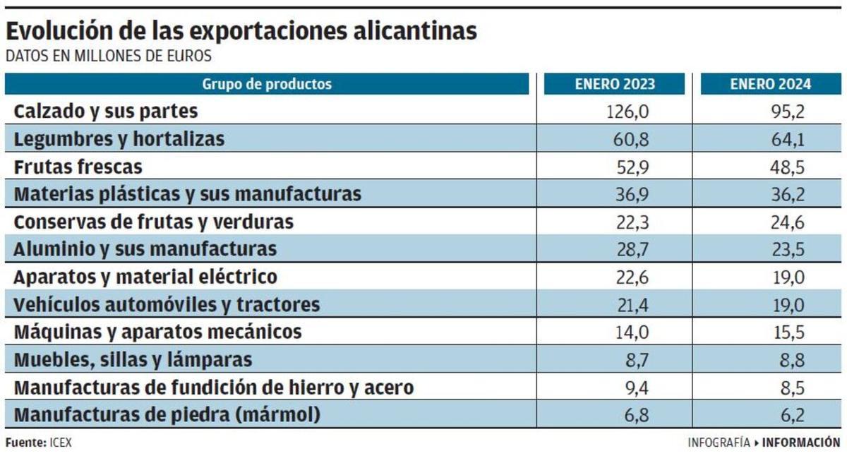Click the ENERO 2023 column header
pyautogui.click(x=614, y=85)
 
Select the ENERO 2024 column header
pyautogui.click(x=771, y=85)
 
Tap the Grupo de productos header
pyautogui.click(x=267, y=85)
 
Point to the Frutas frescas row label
pyautogui.click(x=78, y=167)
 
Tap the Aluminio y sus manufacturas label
pyautogui.click(x=145, y=249)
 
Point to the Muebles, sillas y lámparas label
pyautogui.click(x=133, y=360)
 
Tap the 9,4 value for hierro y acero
pyautogui.click(x=635, y=387)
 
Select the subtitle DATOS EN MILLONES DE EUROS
pyautogui.click(x=109, y=56)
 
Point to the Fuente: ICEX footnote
pyautogui.click(x=39, y=443)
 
